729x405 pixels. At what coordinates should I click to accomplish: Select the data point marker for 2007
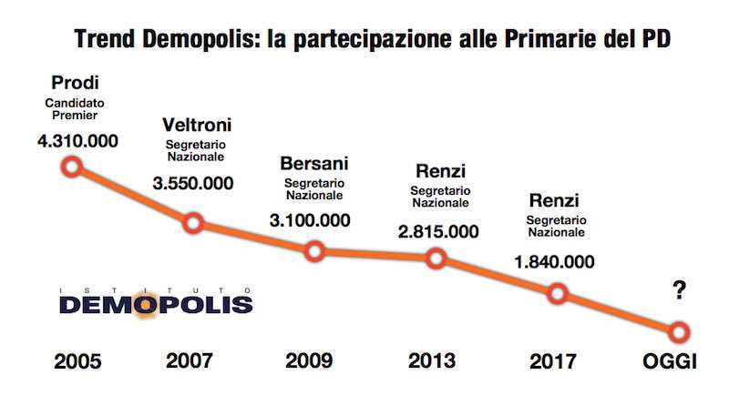pyautogui.click(x=193, y=223)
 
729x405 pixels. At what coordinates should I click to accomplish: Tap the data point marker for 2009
pyautogui.click(x=314, y=250)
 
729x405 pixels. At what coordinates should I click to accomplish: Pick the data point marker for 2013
pyautogui.click(x=436, y=259)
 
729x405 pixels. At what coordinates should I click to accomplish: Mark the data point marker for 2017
pyautogui.click(x=558, y=293)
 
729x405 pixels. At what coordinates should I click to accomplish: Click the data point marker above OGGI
pyautogui.click(x=679, y=331)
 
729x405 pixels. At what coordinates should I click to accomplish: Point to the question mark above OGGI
pyautogui.click(x=679, y=290)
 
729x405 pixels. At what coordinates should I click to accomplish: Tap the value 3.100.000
pyautogui.click(x=314, y=220)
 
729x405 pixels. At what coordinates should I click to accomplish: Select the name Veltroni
pyautogui.click(x=195, y=125)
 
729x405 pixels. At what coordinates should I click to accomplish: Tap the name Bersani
pyautogui.click(x=314, y=164)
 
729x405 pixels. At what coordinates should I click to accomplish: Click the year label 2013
pyautogui.click(x=433, y=361)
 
